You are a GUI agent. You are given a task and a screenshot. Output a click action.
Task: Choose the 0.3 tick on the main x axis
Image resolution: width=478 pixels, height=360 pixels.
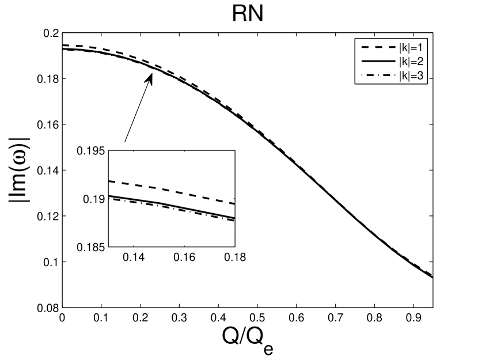(179, 318)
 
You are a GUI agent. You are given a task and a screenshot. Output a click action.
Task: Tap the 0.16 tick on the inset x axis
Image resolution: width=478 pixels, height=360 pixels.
(186, 257)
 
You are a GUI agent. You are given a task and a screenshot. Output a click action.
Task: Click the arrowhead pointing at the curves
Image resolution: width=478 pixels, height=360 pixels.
(150, 79)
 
